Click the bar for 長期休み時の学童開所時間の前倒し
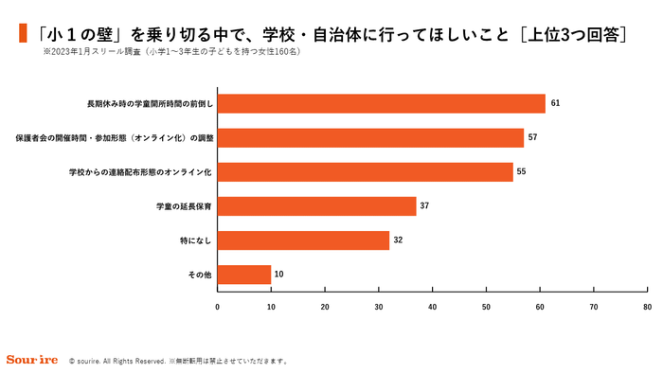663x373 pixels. click(x=381, y=103)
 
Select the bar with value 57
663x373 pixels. click(x=370, y=137)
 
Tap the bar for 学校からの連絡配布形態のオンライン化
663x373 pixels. click(x=365, y=171)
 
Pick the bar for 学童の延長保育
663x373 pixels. click(x=316, y=206)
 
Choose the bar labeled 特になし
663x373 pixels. click(x=303, y=240)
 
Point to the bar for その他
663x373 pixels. click(x=244, y=275)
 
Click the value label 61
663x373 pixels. click(x=555, y=103)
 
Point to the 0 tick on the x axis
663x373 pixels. click(x=218, y=307)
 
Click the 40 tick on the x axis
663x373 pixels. click(x=432, y=307)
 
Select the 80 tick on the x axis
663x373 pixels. click(x=646, y=307)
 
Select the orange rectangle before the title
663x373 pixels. click(x=21, y=33)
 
